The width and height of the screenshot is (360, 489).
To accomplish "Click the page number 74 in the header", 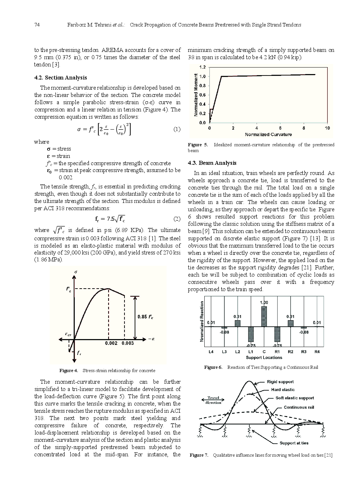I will (37, 25).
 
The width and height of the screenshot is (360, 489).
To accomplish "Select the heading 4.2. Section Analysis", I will (60, 78).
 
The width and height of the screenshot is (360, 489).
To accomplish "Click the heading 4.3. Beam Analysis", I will (212, 163).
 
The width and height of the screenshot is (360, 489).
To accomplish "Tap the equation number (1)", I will (176, 129).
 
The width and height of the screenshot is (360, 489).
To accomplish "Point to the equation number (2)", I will (176, 219).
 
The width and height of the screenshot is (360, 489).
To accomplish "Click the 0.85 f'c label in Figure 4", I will (145, 317).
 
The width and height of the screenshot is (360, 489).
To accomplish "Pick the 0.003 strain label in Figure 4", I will (127, 343).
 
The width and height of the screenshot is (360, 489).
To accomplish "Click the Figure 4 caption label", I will (69, 371).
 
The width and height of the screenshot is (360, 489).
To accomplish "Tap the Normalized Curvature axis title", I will (268, 134).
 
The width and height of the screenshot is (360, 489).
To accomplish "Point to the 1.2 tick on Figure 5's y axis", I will (202, 68).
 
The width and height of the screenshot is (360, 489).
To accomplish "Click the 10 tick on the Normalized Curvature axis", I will (327, 128).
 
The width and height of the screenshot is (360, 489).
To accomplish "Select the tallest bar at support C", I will (264, 316).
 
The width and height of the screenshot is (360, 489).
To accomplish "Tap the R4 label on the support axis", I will (317, 352).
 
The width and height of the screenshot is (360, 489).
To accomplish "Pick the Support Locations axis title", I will (264, 358).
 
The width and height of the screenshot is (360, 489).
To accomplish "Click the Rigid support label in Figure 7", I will (280, 382).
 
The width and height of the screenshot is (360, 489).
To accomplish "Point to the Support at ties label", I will (294, 443).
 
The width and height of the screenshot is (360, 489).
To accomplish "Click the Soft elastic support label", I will (295, 398).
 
